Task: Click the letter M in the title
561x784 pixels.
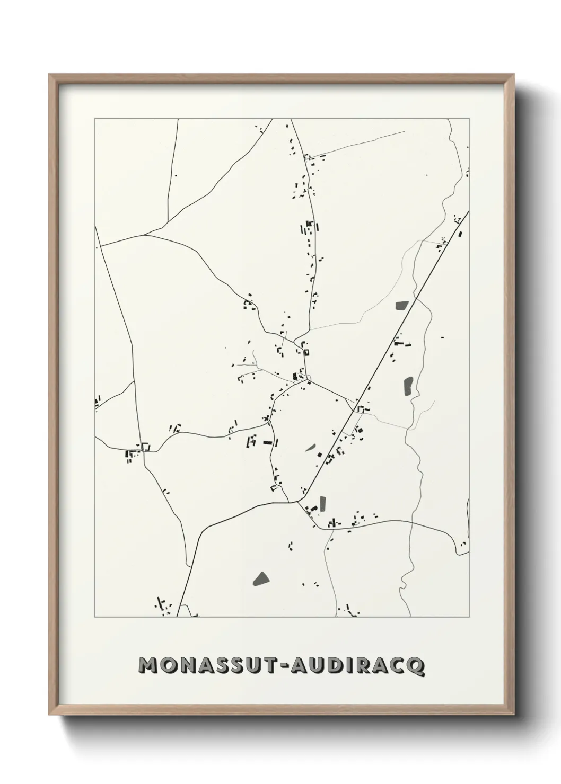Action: [148, 666]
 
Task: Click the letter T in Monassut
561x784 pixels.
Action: [270, 666]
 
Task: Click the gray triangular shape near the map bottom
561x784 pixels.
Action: [260, 578]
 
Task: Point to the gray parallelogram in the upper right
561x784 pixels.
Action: [401, 305]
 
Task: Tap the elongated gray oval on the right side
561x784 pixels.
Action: [408, 386]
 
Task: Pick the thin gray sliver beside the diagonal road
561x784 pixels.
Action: [310, 447]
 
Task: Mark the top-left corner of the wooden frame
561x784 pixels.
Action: [49, 75]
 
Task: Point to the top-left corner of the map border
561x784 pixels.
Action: [95, 119]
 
